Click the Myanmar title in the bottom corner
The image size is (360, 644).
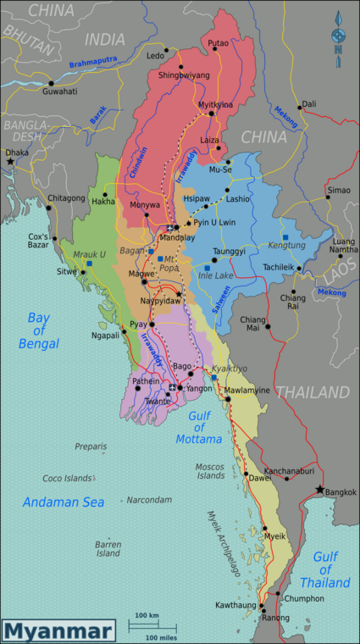point(58,631)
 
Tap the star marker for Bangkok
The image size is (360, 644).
point(319,490)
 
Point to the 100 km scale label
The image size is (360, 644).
point(147,615)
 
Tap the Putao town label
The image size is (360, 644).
point(218,42)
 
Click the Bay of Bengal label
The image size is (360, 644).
point(43,330)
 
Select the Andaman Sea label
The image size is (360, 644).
point(64,502)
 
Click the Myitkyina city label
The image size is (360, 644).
point(215,104)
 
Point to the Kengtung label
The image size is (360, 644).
point(286,246)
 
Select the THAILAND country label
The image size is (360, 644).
point(312,391)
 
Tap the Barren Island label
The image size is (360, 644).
point(108,548)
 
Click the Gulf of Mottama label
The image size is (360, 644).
point(200,430)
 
